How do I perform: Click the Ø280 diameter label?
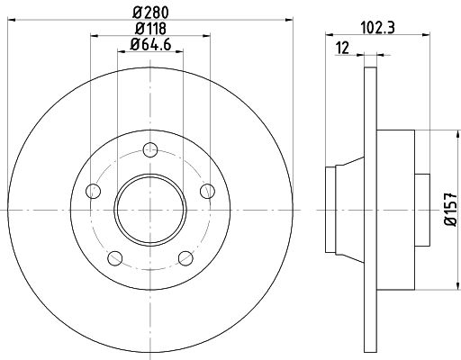tap(150, 10)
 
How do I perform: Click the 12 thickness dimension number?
tap(342, 46)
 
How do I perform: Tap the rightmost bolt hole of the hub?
tap(207, 191)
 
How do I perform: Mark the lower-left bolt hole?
tap(114, 258)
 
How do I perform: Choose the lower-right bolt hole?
tap(185, 258)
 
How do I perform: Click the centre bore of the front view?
tap(150, 209)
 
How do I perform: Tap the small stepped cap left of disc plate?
tap(347, 209)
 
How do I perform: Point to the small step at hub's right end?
tap(420, 209)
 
